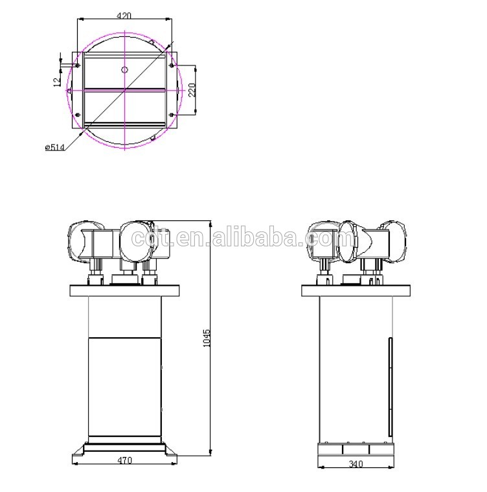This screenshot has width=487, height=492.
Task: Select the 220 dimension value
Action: pyautogui.click(x=191, y=89)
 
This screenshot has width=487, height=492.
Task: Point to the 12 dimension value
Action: pyautogui.click(x=57, y=81)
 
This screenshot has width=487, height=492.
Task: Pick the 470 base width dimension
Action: pyautogui.click(x=124, y=460)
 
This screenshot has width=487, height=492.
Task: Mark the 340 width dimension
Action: pyautogui.click(x=356, y=463)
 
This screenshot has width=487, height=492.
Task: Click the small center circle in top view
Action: pyautogui.click(x=125, y=69)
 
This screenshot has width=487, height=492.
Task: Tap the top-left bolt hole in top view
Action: pyautogui.click(x=78, y=65)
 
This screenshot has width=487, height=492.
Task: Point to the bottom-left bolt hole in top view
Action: pyautogui.click(x=78, y=115)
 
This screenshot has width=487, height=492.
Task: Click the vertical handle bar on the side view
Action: pyautogui.click(x=390, y=386)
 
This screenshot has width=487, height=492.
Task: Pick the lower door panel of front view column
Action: pyautogui.click(x=124, y=386)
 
